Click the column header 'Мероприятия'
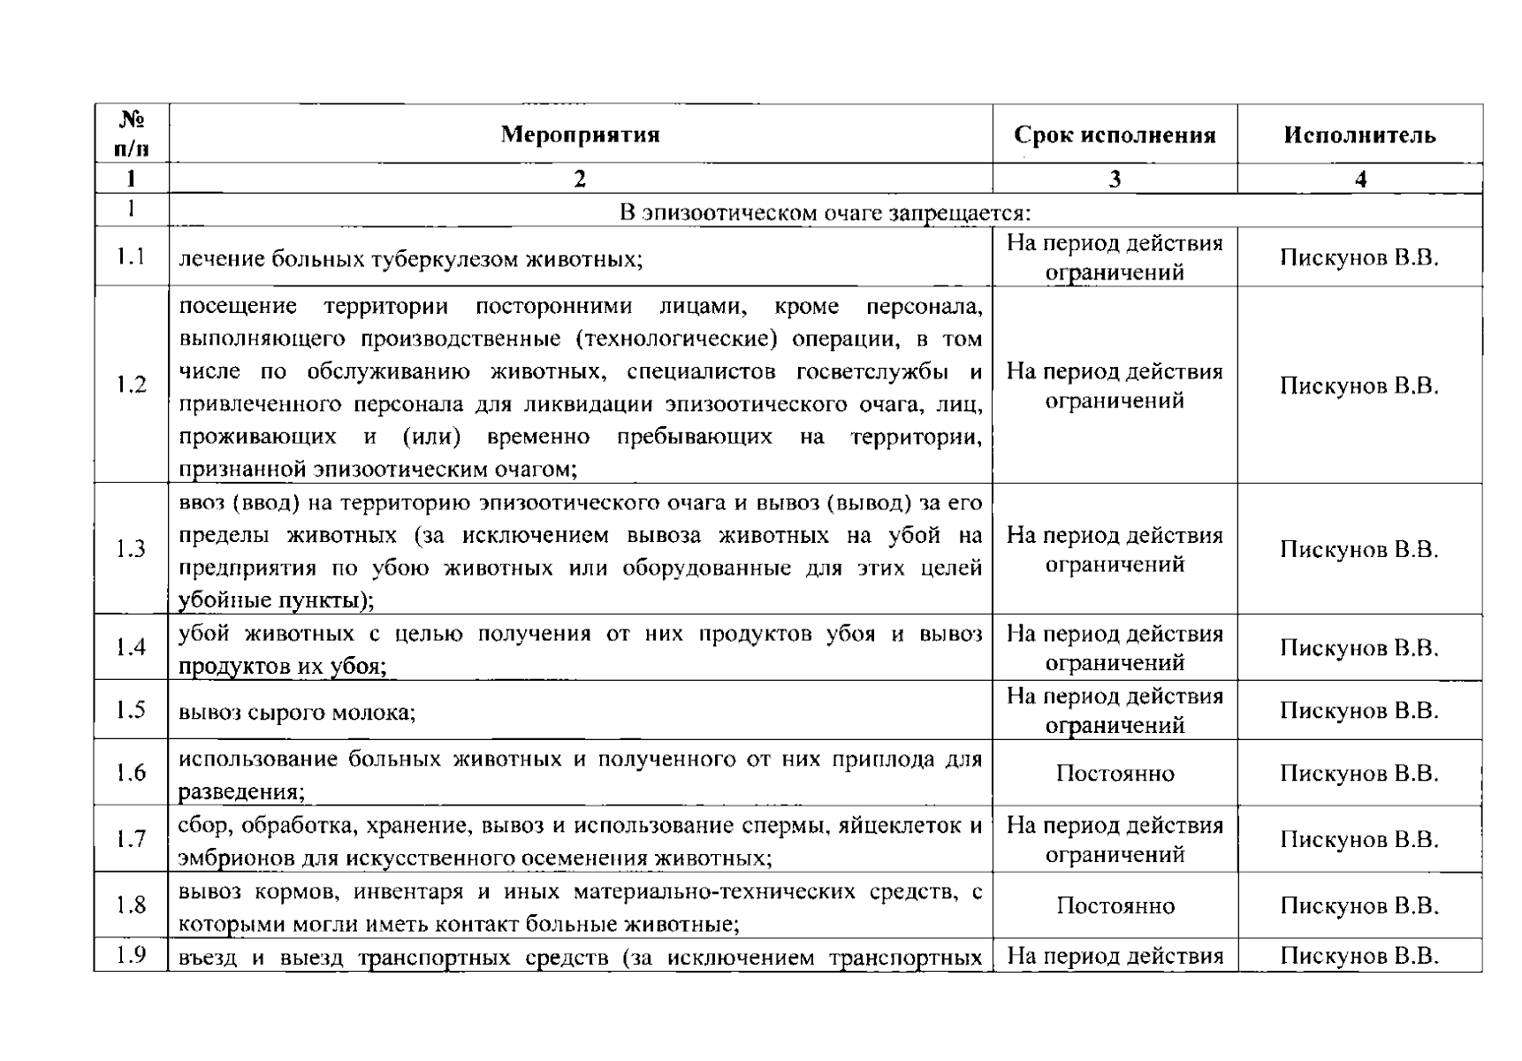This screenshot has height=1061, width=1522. click(580, 134)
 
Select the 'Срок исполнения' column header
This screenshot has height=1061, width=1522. click(1115, 135)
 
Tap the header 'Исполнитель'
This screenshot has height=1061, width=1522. click(1359, 135)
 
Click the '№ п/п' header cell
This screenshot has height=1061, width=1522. click(132, 134)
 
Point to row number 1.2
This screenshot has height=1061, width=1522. click(131, 385)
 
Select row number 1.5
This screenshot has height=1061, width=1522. click(131, 710)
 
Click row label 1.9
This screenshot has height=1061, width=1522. click(131, 956)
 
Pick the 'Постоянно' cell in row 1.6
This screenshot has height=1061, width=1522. click(1115, 774)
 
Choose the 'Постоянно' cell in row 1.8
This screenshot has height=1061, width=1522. click(1115, 906)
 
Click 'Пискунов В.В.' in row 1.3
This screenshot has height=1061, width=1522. click(1359, 549)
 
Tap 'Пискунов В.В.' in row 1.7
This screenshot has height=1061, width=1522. click(1359, 839)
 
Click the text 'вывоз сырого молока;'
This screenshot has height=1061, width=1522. click(297, 712)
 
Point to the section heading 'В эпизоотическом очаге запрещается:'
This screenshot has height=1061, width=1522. click(825, 213)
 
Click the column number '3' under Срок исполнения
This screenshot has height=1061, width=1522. click(1115, 179)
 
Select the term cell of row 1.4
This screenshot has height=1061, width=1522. click(1115, 648)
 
